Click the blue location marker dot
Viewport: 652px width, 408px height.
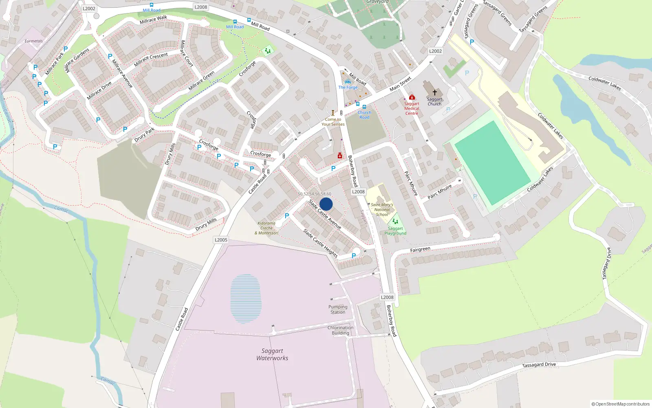click(x=326, y=204)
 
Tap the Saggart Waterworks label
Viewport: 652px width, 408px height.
click(x=272, y=355)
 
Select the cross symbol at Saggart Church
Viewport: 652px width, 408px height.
click(x=435, y=93)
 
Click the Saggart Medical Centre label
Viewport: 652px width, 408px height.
click(x=412, y=109)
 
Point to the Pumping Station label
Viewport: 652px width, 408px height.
click(x=338, y=310)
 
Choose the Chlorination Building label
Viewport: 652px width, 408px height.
click(x=340, y=330)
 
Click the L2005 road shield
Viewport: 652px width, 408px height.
click(x=221, y=240)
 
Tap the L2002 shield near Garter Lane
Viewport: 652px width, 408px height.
click(x=435, y=51)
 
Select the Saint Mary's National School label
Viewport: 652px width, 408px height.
click(x=382, y=210)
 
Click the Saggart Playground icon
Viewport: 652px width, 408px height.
click(x=395, y=222)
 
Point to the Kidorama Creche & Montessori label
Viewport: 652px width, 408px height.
click(x=267, y=228)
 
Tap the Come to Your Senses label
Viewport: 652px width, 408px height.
click(x=333, y=122)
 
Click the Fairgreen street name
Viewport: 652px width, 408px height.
click(x=420, y=249)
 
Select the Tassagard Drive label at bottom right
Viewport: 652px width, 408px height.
click(x=539, y=365)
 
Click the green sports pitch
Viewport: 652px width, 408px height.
click(x=491, y=163)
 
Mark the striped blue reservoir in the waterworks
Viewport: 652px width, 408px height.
click(x=245, y=298)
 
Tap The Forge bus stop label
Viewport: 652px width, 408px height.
click(x=348, y=87)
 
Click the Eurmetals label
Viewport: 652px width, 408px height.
click(x=33, y=41)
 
